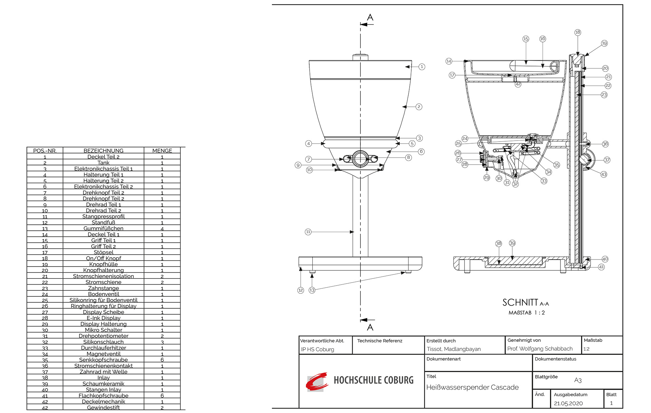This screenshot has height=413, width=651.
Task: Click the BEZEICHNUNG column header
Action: [x=103, y=150]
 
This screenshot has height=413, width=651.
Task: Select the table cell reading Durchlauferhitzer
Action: [x=103, y=348]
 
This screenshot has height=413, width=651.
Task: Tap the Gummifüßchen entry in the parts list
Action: [x=103, y=228]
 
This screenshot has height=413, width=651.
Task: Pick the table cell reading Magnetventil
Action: [x=103, y=354]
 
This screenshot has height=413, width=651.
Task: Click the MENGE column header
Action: [x=162, y=150]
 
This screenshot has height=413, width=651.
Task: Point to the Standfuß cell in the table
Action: [x=103, y=223]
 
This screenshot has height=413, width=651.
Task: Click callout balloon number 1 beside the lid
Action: [x=422, y=67]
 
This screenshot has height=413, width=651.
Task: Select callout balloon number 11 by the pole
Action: [x=308, y=232]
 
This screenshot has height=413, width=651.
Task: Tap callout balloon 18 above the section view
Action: [x=578, y=32]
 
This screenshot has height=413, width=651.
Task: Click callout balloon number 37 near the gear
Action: [x=607, y=160]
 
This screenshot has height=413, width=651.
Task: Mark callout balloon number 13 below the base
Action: [x=312, y=290]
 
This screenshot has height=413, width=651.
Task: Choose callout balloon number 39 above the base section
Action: [x=512, y=243]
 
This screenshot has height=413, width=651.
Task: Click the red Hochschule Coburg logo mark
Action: [x=317, y=381]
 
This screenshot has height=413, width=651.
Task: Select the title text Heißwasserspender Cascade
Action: [x=472, y=387]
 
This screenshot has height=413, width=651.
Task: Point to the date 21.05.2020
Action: [x=568, y=403]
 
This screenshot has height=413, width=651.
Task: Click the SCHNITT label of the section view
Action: [x=520, y=302]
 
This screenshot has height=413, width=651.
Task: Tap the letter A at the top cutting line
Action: [x=370, y=17]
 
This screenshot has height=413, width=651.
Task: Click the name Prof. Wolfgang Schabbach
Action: [x=540, y=349]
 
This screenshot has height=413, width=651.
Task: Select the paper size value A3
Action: [x=578, y=380]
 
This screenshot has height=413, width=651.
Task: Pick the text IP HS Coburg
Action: [x=317, y=349]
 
